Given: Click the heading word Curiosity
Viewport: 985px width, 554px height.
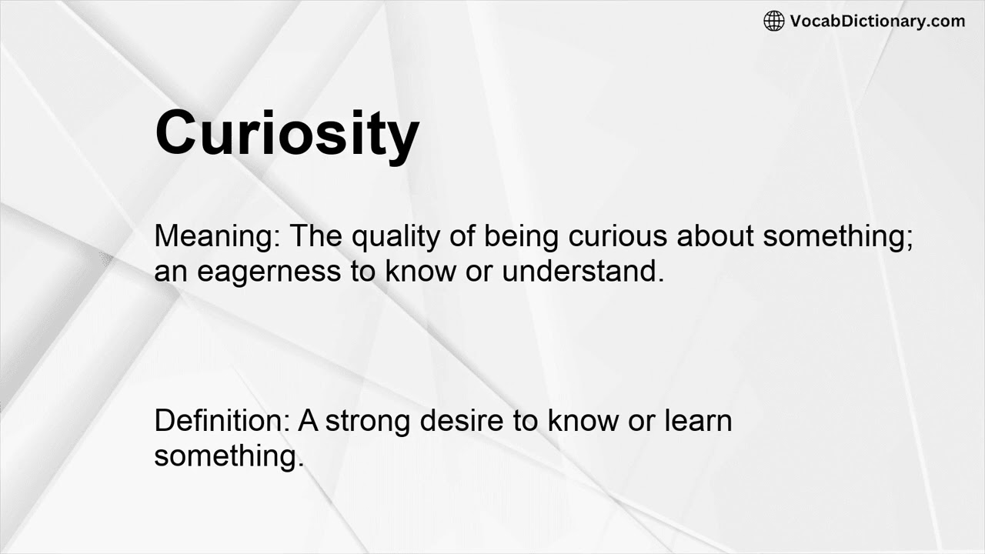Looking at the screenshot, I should click(x=286, y=132).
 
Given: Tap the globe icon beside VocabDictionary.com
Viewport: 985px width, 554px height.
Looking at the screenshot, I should click(x=773, y=22).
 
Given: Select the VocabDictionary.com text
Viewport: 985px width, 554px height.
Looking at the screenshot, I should click(x=877, y=22).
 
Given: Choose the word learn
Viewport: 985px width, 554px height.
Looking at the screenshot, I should click(x=698, y=421).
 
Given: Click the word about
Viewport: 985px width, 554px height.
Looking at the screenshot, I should click(x=715, y=236).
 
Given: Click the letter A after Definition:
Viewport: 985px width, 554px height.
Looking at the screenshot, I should click(x=308, y=421).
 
